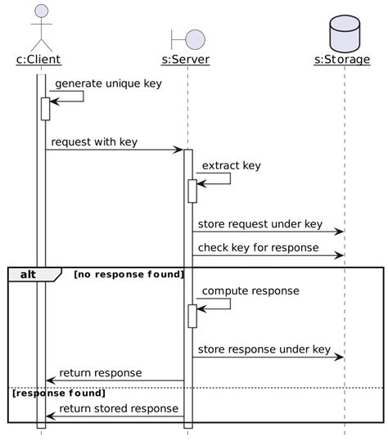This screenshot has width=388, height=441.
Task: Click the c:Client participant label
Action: [38, 59]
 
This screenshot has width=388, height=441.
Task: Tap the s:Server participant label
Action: [186, 59]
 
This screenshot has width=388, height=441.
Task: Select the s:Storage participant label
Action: [341, 59]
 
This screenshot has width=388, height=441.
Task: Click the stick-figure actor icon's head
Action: [41, 11]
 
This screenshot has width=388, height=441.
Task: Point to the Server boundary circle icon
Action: [195, 38]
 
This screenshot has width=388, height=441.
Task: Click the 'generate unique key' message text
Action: [108, 83]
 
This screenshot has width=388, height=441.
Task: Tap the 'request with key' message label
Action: [94, 142]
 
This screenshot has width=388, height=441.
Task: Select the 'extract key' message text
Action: [232, 165]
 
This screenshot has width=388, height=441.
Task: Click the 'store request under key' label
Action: [260, 224]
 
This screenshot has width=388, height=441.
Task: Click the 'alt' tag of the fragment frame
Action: [29, 274]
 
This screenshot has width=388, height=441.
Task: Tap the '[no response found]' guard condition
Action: [129, 274]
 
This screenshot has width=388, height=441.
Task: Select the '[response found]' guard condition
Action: [59, 393]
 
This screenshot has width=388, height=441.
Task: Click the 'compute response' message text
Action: [250, 290]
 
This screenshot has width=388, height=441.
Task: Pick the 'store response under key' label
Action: [264, 349]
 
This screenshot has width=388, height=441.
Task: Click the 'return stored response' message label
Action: [119, 408]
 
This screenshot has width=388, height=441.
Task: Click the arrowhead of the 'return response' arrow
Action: [51, 380]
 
